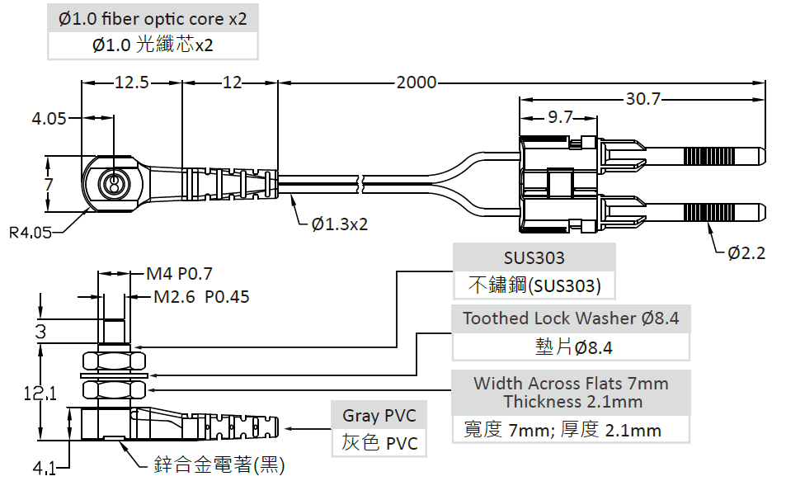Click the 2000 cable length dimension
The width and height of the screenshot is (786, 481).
pos(417,83)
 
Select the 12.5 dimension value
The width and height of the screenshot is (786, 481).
pos(131,83)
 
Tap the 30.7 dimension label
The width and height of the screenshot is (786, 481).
pos(643,99)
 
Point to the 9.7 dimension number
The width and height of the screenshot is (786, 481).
pos(560,118)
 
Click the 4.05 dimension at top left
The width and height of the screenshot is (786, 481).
pos(49,119)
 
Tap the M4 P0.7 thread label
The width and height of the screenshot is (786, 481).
pos(179,274)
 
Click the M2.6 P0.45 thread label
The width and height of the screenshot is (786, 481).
pos(202,296)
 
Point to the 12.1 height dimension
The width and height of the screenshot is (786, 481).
pos(40,394)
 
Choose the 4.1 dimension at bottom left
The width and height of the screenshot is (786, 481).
pos(44,469)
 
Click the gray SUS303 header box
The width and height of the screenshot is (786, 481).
pos(534,257)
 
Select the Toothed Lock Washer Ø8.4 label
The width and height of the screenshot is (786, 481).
pos(571,318)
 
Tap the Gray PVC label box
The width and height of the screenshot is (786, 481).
pos(379,415)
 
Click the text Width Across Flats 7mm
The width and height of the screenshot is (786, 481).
pos(571,384)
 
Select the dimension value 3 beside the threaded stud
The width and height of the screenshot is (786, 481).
pos(40,332)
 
